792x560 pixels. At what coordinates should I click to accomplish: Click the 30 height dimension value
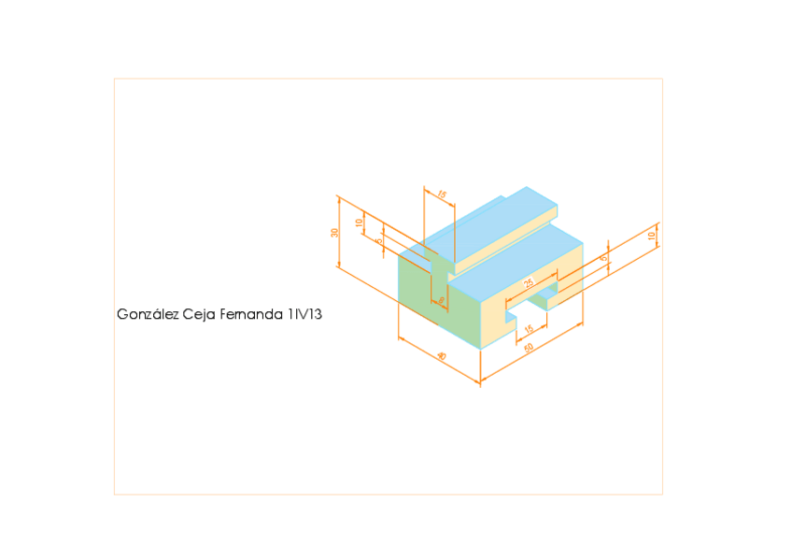pos(334,233)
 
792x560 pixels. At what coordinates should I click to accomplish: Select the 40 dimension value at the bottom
pos(441,356)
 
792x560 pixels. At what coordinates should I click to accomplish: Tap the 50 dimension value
pos(529,348)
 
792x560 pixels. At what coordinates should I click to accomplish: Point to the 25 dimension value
pos(529,282)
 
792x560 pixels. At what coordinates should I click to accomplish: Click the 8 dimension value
pos(442,300)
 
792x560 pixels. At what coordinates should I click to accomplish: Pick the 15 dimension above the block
pos(442,195)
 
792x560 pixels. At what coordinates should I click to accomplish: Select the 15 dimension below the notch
pos(530,329)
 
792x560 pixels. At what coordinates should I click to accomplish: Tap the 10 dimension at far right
pos(651,236)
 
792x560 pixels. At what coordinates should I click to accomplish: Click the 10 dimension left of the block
pos(359,223)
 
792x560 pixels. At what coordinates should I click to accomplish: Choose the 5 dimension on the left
pos(378,241)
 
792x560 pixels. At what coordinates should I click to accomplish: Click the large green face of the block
pos(416,290)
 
